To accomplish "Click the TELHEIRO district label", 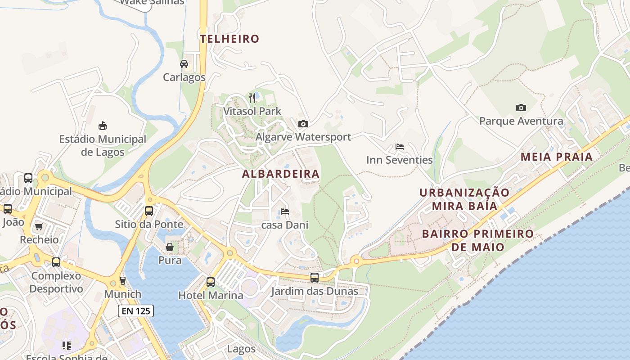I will coord(230,39).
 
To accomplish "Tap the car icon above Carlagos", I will coord(184,64).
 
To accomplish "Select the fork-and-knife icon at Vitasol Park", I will coord(252,98).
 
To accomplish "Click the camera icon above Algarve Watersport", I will coord(303,124).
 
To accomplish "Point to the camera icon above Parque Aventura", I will coord(521,108).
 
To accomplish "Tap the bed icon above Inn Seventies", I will coord(399,147).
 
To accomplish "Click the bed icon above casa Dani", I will coord(284,211).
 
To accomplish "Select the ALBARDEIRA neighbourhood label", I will coord(281,174).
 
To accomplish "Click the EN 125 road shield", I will coord(136,310).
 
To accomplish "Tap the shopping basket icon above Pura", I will coord(170,247).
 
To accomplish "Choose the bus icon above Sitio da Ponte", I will coord(149,211).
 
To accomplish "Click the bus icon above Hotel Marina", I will coord(211,282).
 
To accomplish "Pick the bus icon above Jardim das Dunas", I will coord(315,278).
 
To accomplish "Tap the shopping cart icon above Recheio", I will coord(39,226).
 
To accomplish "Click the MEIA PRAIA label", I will coord(557,157).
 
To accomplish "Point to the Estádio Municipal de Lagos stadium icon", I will coord(103,126).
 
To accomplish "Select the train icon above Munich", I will coord(123,281).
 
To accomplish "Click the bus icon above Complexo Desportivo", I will coord(56,262).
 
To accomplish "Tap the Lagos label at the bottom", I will coord(241,349).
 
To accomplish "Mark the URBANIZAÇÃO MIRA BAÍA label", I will coord(465,199).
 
